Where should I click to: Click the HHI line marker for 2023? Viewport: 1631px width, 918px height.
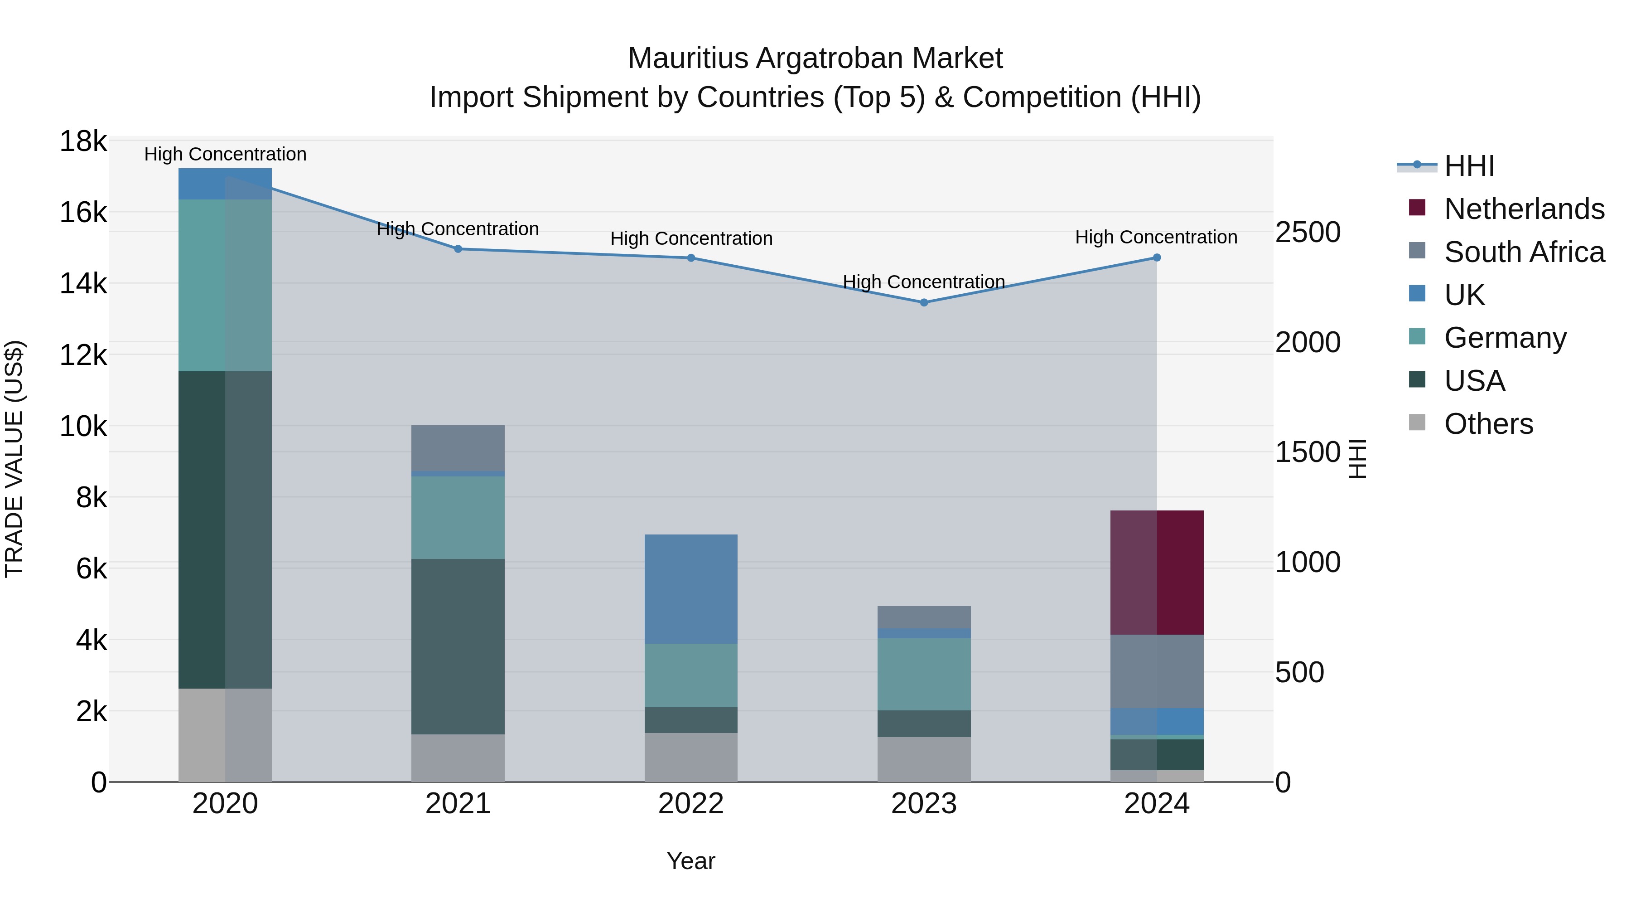pyautogui.click(x=924, y=303)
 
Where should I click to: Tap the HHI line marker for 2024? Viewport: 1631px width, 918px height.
pyautogui.click(x=1157, y=258)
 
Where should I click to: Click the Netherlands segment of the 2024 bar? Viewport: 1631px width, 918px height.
pyautogui.click(x=1157, y=573)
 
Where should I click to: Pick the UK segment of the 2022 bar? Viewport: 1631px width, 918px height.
pyautogui.click(x=691, y=589)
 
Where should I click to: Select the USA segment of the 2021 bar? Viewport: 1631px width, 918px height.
pyautogui.click(x=458, y=646)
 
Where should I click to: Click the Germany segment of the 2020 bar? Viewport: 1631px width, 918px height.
pyautogui.click(x=225, y=285)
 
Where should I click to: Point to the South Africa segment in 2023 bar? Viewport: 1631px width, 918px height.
pyautogui.click(x=924, y=617)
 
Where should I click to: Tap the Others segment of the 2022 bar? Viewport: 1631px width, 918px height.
pyautogui.click(x=691, y=757)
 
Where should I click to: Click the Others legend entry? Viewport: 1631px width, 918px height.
pyautogui.click(x=1488, y=424)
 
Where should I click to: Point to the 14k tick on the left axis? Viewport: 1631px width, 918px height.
pyautogui.click(x=83, y=283)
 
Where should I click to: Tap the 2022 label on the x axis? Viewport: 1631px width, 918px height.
pyautogui.click(x=691, y=804)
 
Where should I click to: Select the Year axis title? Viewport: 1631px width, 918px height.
pyautogui.click(x=691, y=861)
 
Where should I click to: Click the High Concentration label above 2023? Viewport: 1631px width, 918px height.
pyautogui.click(x=924, y=282)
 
